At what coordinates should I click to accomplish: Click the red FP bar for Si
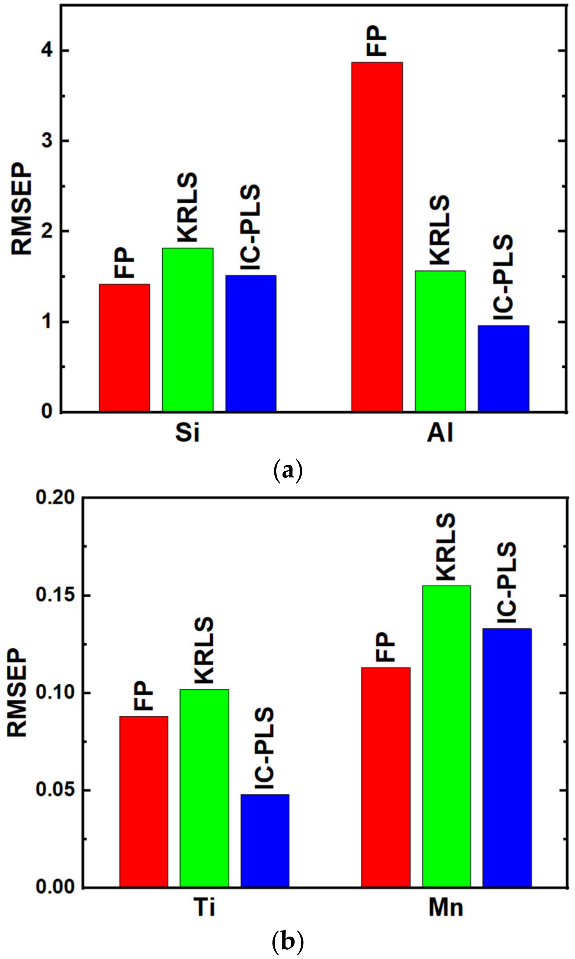(124, 347)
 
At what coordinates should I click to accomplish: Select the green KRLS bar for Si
(188, 329)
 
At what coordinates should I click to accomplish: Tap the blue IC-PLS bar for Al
(503, 368)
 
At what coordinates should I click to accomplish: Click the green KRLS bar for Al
(440, 341)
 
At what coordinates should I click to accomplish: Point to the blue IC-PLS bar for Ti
(265, 840)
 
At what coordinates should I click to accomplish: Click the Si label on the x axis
(188, 433)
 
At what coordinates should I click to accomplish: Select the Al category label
(440, 433)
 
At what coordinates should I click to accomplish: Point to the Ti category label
(204, 907)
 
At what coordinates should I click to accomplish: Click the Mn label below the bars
(446, 907)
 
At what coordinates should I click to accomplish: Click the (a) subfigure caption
(287, 470)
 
